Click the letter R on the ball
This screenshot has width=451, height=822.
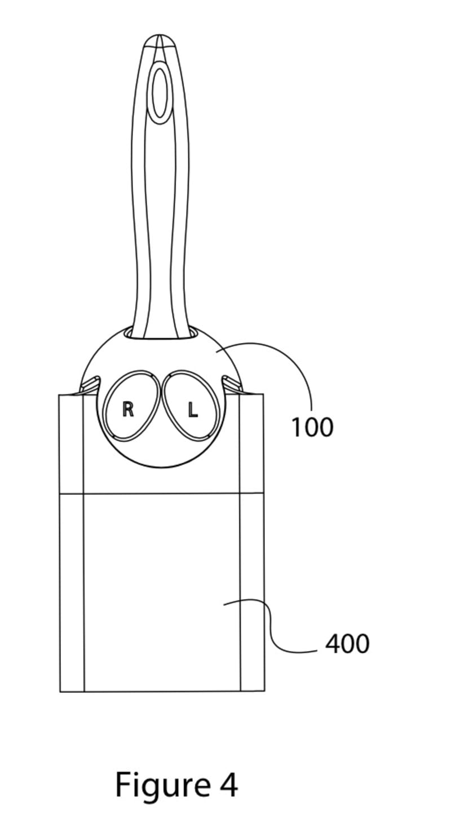(128, 409)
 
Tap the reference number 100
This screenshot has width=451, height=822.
(312, 428)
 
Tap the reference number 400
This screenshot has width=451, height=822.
(347, 644)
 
